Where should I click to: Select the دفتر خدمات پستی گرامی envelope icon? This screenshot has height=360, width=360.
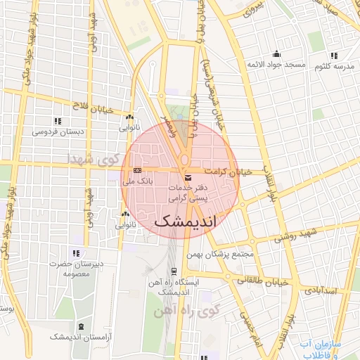(186, 179)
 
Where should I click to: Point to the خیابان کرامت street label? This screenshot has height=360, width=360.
(228, 172)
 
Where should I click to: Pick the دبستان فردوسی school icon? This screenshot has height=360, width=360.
(58, 121)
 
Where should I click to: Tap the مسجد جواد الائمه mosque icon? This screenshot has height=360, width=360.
(276, 54)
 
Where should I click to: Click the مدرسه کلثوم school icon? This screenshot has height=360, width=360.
(333, 55)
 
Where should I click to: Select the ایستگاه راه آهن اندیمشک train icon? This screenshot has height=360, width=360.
(174, 271)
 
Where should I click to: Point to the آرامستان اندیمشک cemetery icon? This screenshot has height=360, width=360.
(82, 326)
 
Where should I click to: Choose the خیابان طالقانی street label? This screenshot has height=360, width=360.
(264, 280)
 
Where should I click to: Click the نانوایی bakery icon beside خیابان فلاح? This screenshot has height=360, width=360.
(129, 117)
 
